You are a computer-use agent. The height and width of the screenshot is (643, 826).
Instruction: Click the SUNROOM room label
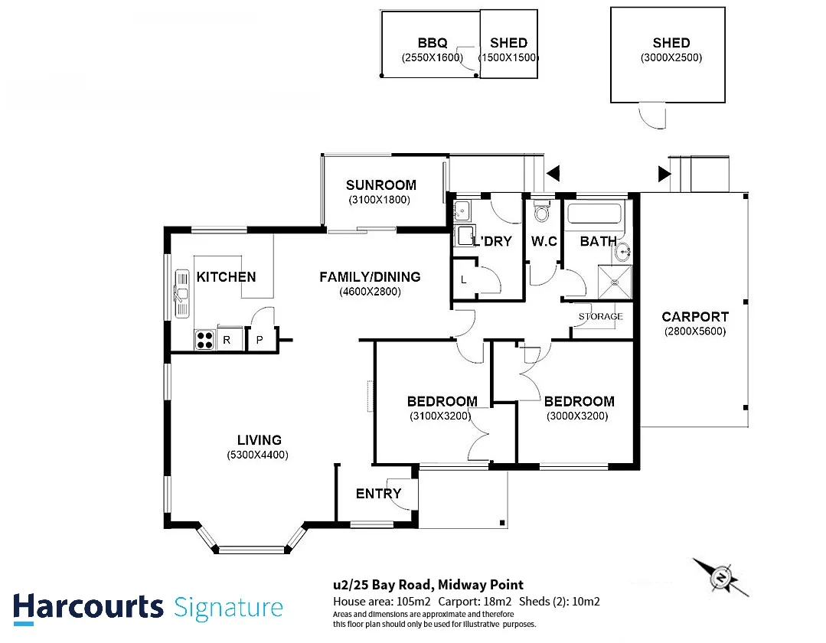pyautogui.click(x=381, y=184)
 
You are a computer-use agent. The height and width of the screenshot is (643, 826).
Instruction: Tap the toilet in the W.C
pyautogui.click(x=541, y=211)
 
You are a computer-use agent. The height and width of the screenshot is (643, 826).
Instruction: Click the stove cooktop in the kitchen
pyautogui.click(x=204, y=340)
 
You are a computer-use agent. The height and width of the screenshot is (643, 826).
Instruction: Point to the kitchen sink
pyautogui.click(x=181, y=294)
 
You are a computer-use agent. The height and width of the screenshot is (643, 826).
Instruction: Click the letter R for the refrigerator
pyautogui.click(x=227, y=340)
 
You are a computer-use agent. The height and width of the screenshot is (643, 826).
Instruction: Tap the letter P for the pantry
pyautogui.click(x=260, y=340)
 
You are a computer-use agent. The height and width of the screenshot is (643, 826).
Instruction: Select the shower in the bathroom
pyautogui.click(x=615, y=282)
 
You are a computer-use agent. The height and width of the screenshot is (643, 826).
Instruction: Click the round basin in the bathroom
pyautogui.click(x=624, y=253)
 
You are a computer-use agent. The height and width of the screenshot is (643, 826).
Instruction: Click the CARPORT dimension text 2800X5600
pyautogui.click(x=695, y=331)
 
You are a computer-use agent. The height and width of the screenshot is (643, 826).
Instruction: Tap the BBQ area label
pyautogui.click(x=433, y=43)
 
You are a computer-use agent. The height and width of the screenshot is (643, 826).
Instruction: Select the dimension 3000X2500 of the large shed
pyautogui.click(x=671, y=57)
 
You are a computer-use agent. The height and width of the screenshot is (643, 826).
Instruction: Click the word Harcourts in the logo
pyautogui.click(x=89, y=607)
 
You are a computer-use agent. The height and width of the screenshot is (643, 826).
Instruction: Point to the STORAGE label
pyautogui.click(x=600, y=316)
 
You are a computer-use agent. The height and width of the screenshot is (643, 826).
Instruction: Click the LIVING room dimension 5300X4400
pyautogui.click(x=257, y=455)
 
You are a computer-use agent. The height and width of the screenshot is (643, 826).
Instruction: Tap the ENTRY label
pyautogui.click(x=378, y=494)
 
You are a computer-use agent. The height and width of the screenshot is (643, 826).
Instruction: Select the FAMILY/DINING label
pyautogui.click(x=370, y=276)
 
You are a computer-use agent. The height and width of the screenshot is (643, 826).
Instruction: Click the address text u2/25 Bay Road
pyautogui.click(x=383, y=585)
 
